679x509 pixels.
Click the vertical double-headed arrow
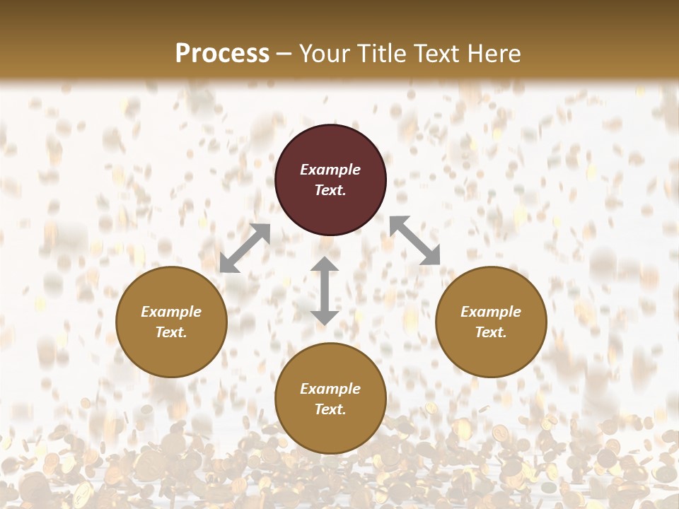(325, 291)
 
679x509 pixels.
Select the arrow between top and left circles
(245, 247)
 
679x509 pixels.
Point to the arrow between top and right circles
(414, 240)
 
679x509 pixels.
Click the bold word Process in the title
(222, 54)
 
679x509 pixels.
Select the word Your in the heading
(323, 54)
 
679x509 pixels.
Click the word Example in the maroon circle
(330, 170)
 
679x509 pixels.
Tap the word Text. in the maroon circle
(330, 190)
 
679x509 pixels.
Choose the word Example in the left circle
(171, 312)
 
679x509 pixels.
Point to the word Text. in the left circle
(171, 332)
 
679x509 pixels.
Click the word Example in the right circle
(491, 312)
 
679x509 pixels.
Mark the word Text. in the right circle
(491, 332)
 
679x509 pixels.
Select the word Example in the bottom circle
(330, 389)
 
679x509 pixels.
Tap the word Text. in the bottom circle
(330, 409)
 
